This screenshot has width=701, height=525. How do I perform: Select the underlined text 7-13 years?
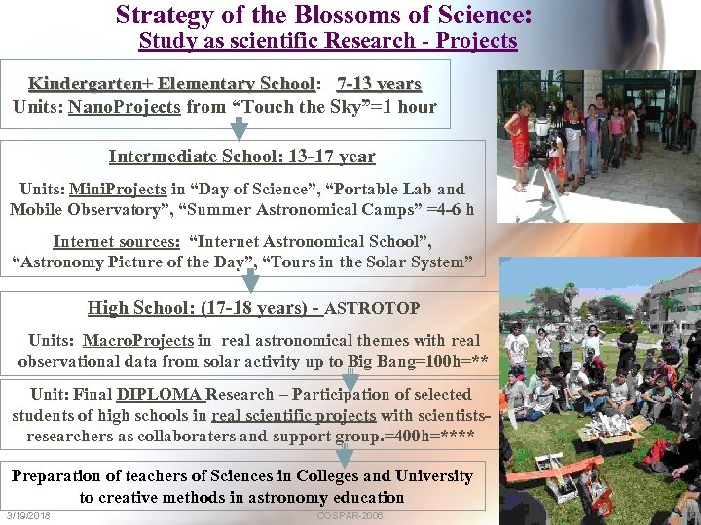pos(379,84)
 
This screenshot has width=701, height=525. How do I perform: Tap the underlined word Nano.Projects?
pos(124,106)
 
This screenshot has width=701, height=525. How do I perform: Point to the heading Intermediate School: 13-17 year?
pos(241,156)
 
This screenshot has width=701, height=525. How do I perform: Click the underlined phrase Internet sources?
pos(116,241)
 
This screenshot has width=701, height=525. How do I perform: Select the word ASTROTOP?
pos(372,309)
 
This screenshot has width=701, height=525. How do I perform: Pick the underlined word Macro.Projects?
pos(138,340)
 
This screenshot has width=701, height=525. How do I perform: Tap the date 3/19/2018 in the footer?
pos(28,515)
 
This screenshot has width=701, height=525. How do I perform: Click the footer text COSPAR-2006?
pos(350,515)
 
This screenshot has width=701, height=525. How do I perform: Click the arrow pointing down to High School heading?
pos(250,282)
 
